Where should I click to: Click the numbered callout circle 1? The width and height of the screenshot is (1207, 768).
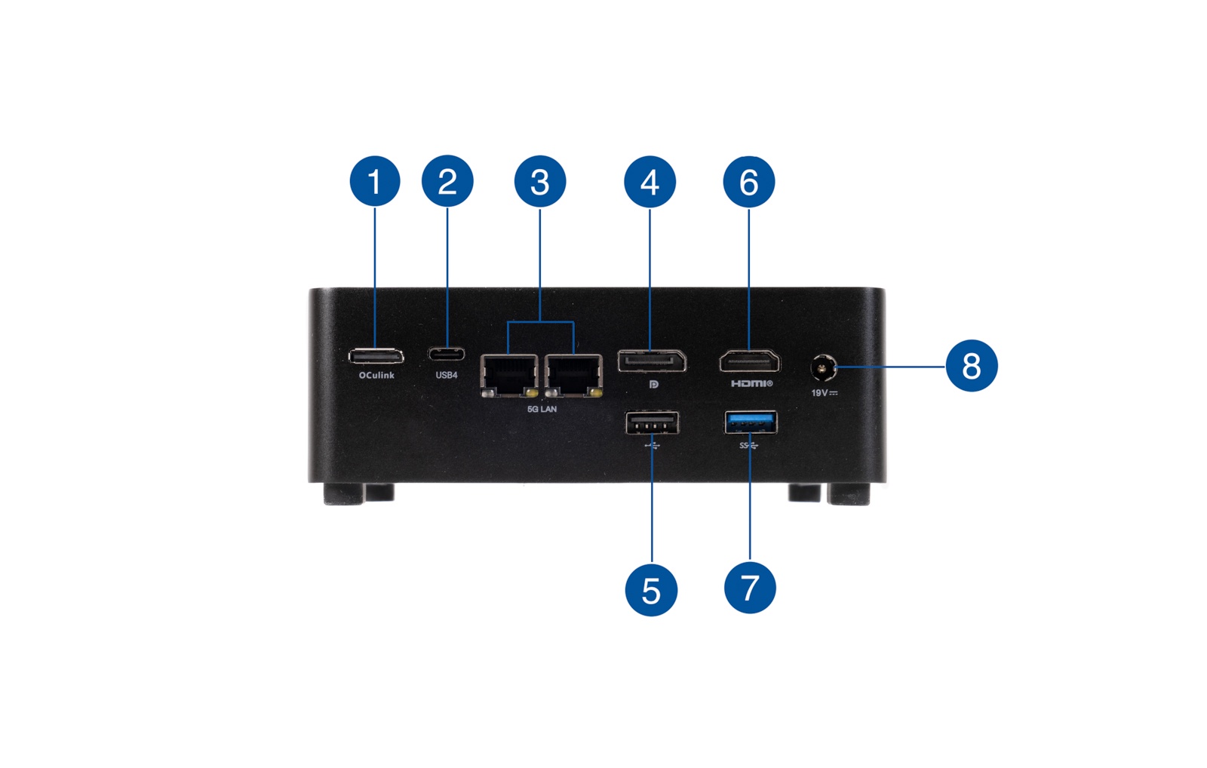tap(375, 181)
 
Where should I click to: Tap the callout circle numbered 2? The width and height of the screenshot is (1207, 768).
tap(447, 181)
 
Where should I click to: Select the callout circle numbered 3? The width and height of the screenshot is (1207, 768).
tap(539, 181)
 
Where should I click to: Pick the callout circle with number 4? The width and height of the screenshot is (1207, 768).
tap(650, 182)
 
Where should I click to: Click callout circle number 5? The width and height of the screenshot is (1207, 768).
tap(651, 590)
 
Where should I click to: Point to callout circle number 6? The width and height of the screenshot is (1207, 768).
tap(748, 182)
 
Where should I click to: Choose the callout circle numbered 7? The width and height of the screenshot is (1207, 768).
tap(750, 588)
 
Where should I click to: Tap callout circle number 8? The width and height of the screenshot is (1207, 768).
tap(971, 366)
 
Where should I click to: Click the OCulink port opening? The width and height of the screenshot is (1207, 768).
tap(376, 356)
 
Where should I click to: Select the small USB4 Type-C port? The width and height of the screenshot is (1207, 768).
tap(447, 354)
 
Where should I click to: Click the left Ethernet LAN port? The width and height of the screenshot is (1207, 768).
tap(509, 374)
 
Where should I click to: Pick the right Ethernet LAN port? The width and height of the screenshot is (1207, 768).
tap(574, 374)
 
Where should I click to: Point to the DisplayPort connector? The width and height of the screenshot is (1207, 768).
tap(652, 361)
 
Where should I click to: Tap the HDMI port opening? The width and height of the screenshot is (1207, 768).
tap(749, 361)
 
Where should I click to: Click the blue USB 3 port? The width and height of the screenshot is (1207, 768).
tap(750, 422)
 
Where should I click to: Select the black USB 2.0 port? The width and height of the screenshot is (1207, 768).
tap(652, 422)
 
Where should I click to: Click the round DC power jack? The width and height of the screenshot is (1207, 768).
tap(822, 368)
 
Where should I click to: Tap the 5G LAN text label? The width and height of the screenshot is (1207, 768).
tap(542, 409)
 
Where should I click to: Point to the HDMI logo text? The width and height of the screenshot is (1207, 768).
tap(751, 384)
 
